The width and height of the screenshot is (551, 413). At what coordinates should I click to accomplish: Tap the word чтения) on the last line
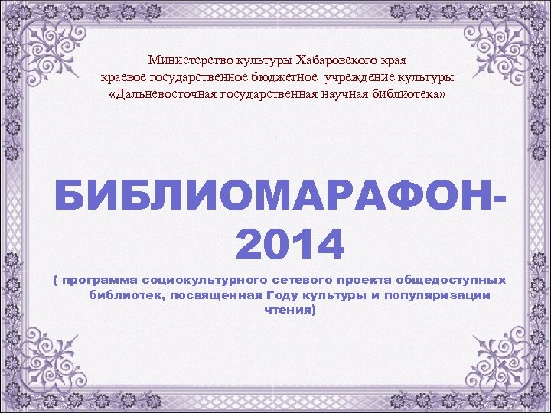289,311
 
